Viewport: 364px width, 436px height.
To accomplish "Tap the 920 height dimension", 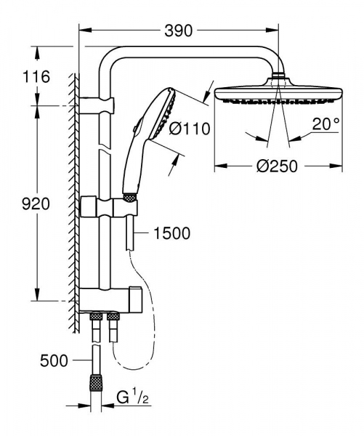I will [x=35, y=203].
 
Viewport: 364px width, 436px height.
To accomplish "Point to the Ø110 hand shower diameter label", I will [x=189, y=129].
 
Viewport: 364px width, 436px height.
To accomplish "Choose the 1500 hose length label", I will [x=172, y=233].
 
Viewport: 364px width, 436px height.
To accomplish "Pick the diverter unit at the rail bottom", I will [x=109, y=298].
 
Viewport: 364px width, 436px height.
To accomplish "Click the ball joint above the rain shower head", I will [x=279, y=75].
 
